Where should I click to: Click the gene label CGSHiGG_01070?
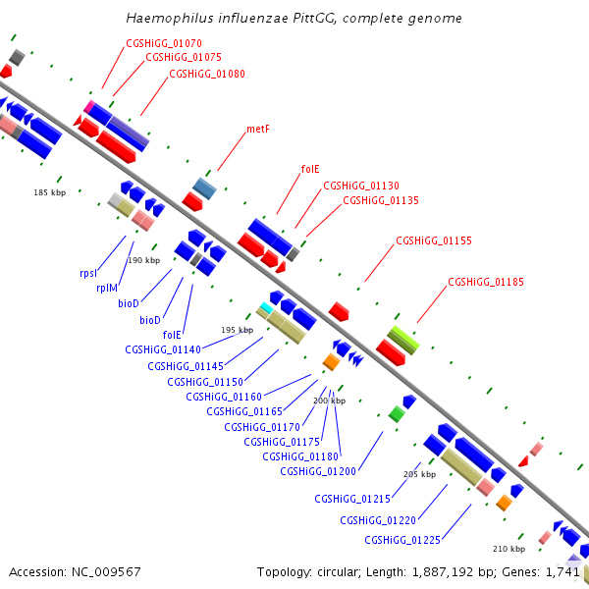(x=164, y=43)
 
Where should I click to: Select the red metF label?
(x=258, y=130)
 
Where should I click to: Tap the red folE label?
(x=310, y=170)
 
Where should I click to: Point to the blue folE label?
(x=172, y=335)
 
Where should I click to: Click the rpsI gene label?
(x=88, y=273)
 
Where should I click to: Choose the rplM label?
(x=107, y=288)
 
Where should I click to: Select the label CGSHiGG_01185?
(x=486, y=282)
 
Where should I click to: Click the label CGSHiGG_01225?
(x=402, y=540)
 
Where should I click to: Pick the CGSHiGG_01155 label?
(x=434, y=241)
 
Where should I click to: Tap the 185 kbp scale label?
(x=50, y=192)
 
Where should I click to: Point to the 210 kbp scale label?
(x=509, y=549)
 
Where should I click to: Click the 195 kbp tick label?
(x=237, y=330)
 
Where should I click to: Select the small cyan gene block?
(x=266, y=307)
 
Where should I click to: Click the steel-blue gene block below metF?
(x=205, y=188)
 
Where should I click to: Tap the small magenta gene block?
(x=89, y=106)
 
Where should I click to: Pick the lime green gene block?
(x=403, y=340)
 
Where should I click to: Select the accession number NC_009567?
(x=106, y=572)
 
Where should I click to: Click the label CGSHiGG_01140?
(x=163, y=349)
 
